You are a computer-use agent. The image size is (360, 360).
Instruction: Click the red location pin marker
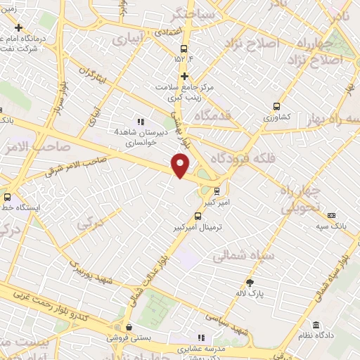point(181,165)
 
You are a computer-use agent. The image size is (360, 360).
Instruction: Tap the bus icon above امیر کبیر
point(217,189)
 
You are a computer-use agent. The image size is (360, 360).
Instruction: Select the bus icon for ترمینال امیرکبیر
point(198,217)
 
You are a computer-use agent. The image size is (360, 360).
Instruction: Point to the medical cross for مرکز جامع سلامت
point(184,76)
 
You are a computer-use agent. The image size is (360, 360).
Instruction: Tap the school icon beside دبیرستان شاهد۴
point(141,122)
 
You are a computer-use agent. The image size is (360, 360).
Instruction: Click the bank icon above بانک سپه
point(333,215)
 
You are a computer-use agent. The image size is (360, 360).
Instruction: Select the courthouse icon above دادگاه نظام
point(316,326)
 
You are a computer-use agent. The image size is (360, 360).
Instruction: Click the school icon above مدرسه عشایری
point(203,337)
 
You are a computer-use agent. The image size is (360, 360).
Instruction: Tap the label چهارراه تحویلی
point(302,200)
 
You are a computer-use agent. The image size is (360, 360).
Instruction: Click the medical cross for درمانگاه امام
point(19,27)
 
